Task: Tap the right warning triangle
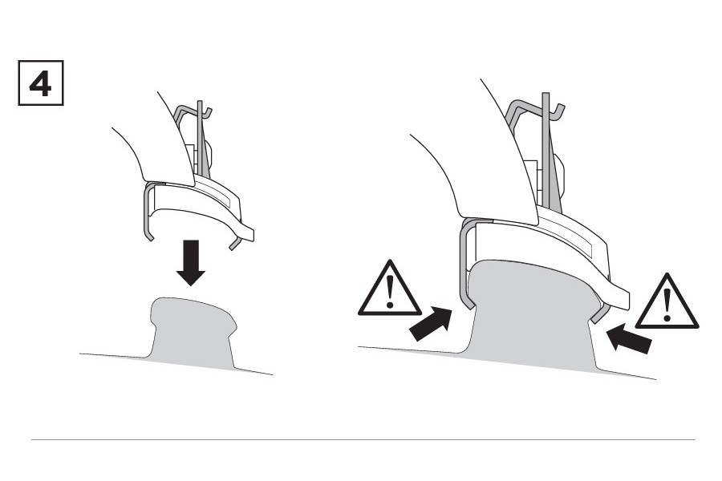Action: [x=667, y=302]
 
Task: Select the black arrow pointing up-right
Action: [x=430, y=324]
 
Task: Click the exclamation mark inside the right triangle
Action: [x=667, y=305]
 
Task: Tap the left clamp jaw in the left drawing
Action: [x=147, y=212]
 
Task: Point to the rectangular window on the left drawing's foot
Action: [x=217, y=196]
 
